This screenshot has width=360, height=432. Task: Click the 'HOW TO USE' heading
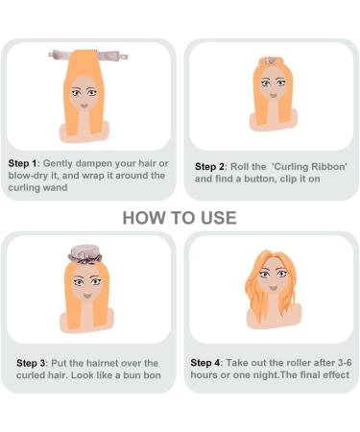(180, 218)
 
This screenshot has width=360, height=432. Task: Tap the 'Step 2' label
(211, 165)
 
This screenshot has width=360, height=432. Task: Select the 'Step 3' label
(34, 363)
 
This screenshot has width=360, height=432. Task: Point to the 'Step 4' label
(206, 362)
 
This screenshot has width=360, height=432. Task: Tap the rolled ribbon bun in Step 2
(270, 61)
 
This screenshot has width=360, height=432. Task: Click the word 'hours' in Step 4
(207, 374)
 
